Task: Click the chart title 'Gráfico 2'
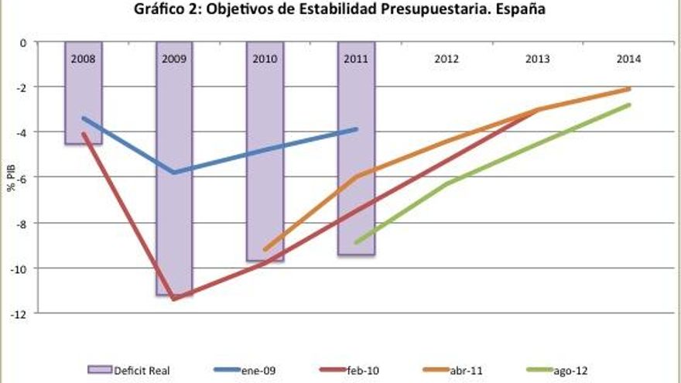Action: pyautogui.click(x=341, y=10)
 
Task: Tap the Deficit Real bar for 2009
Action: pyautogui.click(x=174, y=170)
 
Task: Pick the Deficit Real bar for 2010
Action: pyautogui.click(x=265, y=155)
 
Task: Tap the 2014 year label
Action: pyautogui.click(x=628, y=60)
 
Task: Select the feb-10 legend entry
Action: pyautogui.click(x=352, y=371)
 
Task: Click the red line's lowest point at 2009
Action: pyautogui.click(x=174, y=299)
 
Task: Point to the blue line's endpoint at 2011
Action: pyautogui.click(x=356, y=129)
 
